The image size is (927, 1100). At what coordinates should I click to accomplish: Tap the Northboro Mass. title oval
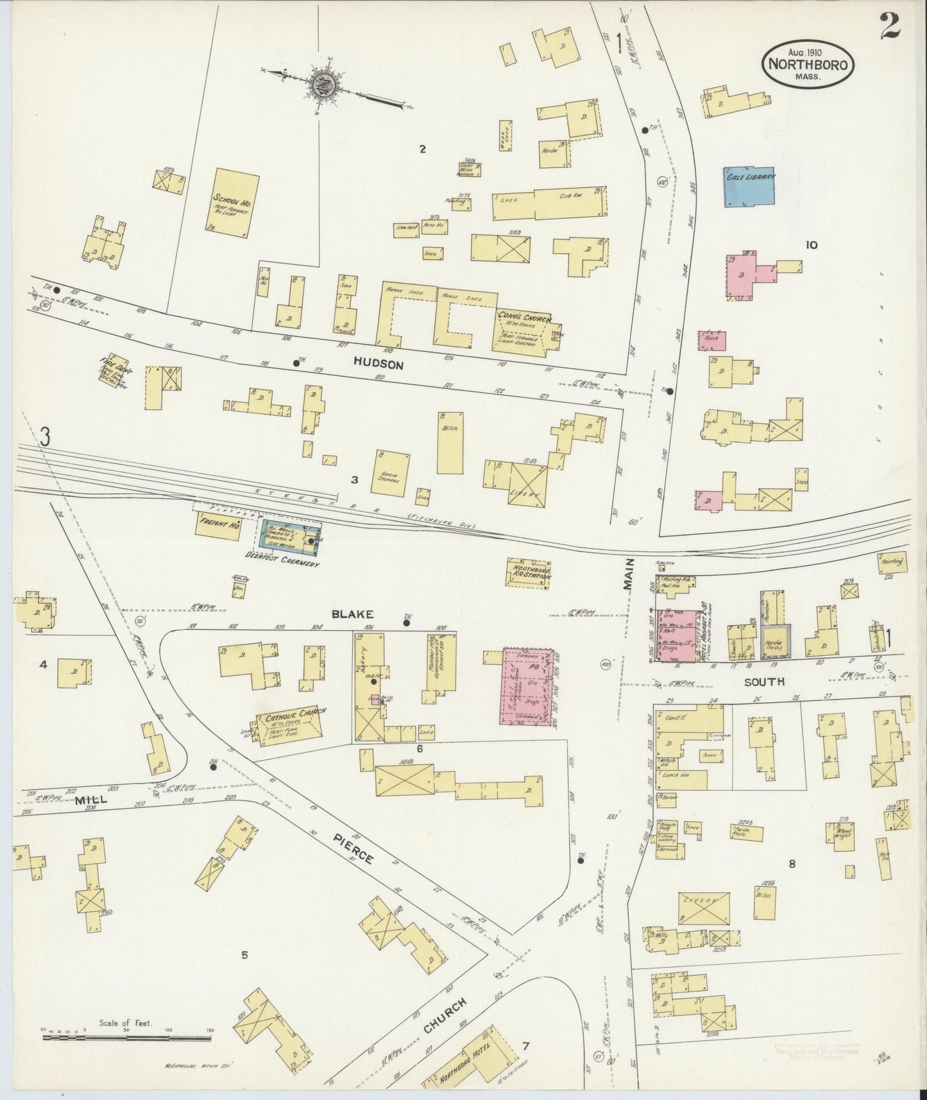tap(808, 65)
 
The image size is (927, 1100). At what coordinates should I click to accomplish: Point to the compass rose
tap(319, 83)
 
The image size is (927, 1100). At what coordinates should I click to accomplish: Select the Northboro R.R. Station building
tap(530, 572)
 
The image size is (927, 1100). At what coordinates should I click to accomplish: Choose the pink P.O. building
tap(527, 687)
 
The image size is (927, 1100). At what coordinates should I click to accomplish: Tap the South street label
tap(764, 682)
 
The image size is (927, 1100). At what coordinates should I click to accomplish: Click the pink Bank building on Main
tap(712, 340)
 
